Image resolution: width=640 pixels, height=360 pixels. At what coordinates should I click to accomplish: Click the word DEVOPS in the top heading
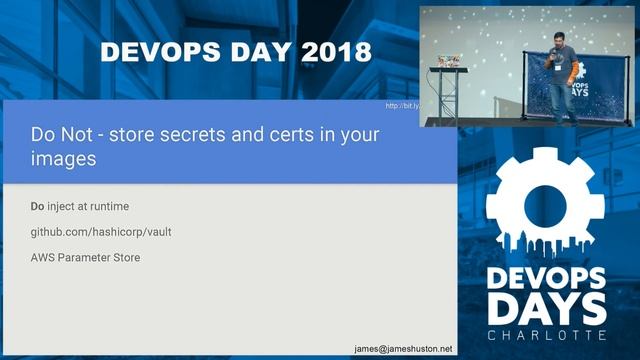tap(152, 50)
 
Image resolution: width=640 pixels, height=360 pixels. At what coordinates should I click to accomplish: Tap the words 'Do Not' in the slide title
tap(58, 134)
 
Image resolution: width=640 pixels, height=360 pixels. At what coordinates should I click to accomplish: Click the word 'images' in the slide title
tap(62, 158)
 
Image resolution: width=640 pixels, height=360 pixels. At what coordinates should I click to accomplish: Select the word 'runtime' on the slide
tap(105, 207)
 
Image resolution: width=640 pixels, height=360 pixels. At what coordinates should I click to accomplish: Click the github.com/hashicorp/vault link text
tap(94, 232)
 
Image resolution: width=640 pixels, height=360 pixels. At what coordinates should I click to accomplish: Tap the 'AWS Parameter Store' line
tap(85, 257)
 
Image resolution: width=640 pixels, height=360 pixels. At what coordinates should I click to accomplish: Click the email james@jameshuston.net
tap(403, 348)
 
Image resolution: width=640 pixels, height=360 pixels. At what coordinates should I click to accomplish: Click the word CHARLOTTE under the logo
tap(546, 332)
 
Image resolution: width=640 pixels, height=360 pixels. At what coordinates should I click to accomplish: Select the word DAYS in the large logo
tap(546, 304)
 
